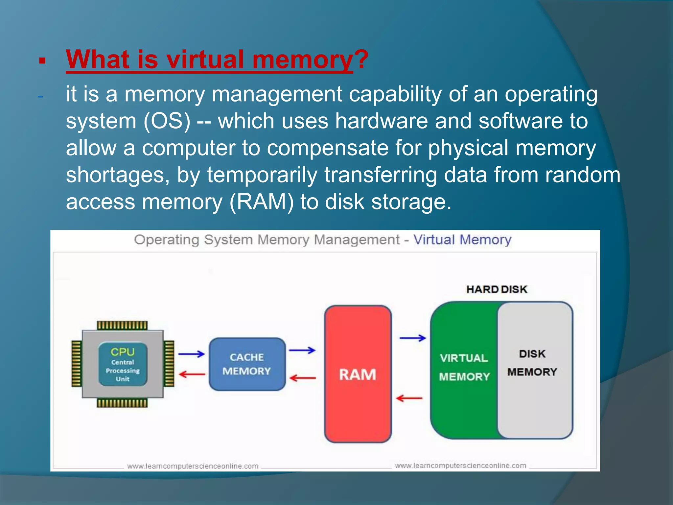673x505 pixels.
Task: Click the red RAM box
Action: (x=358, y=374)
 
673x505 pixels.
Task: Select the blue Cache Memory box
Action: (x=247, y=364)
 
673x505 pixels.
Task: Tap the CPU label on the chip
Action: (x=123, y=352)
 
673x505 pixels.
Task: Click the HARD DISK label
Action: (x=497, y=289)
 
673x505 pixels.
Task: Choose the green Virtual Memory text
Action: (x=464, y=367)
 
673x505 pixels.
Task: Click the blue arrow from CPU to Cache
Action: (x=192, y=354)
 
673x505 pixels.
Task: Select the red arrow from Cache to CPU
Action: (x=192, y=374)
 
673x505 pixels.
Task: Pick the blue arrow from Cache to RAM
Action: (x=302, y=350)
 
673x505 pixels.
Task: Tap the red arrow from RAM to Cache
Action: (x=303, y=378)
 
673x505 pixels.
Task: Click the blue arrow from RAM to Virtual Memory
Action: (x=413, y=338)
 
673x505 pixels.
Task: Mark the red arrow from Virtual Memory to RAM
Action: (x=409, y=398)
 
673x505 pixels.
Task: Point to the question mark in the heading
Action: (x=361, y=60)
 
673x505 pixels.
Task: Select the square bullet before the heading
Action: (x=42, y=61)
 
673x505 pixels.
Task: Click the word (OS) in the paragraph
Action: (x=167, y=121)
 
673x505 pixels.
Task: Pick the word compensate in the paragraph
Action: (x=328, y=148)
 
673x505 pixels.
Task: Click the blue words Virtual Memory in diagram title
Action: (x=462, y=240)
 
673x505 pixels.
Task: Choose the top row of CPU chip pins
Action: (x=122, y=325)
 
